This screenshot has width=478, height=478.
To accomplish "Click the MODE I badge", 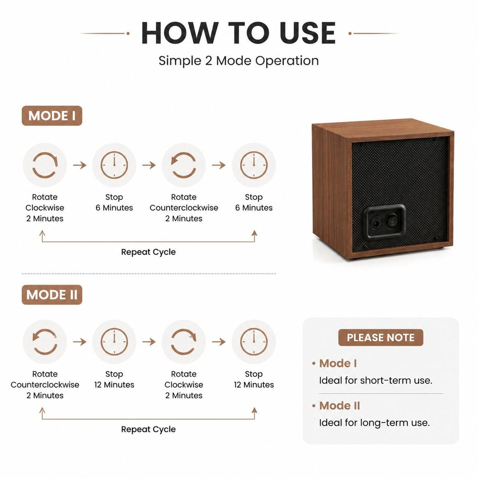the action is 52,116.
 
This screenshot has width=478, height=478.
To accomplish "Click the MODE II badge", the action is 52,295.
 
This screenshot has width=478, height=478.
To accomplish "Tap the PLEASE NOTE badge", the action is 380,337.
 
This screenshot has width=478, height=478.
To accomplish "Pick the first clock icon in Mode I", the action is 114,165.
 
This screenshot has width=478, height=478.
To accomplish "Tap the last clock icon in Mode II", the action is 254,342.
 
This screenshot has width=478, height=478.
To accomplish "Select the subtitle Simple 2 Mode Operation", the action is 239,61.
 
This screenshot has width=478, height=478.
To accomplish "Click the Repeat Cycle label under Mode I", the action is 148,252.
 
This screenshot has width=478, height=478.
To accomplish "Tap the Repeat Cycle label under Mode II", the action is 148,429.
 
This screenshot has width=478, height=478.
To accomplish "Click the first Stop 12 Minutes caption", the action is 114,379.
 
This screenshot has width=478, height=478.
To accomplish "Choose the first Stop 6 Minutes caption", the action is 114,202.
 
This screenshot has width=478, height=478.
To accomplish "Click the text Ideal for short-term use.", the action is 376,380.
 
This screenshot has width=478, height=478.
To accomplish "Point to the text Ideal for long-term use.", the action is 374,423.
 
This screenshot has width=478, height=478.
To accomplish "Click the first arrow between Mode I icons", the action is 80,165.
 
